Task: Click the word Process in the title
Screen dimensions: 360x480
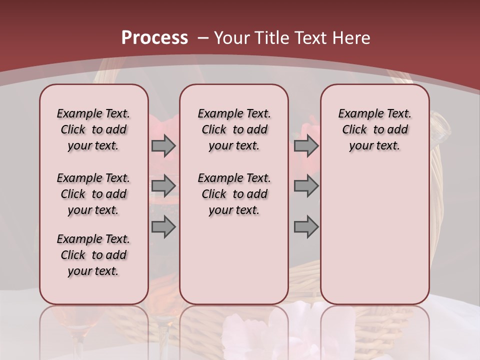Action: tap(154, 38)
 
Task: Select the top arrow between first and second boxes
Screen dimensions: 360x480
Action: tap(163, 145)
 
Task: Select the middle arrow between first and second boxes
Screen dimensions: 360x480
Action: tap(163, 186)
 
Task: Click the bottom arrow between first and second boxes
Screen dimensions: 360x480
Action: tap(163, 227)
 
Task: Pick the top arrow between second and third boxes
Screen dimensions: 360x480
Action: tap(306, 145)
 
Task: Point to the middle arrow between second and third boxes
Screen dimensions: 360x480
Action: tap(306, 186)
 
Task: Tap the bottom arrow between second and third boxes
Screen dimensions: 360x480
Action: tap(306, 227)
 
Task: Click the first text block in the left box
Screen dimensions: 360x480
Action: tap(93, 129)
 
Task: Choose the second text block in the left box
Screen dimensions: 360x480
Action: tap(93, 194)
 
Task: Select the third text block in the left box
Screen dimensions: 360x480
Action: tap(93, 255)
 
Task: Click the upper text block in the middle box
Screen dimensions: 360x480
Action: tap(234, 129)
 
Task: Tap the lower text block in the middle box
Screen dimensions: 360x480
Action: tap(234, 194)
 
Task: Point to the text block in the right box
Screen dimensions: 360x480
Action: tap(374, 129)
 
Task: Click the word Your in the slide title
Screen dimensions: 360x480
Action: tap(232, 38)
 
